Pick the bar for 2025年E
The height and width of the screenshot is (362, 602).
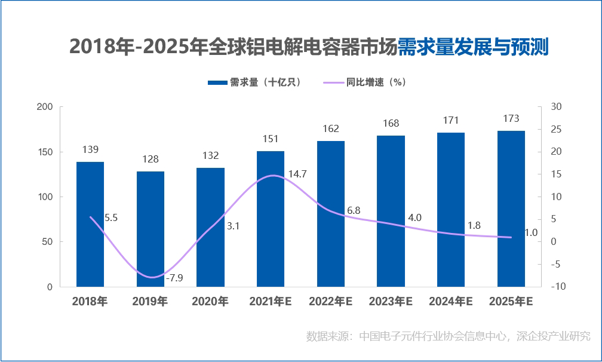[x=511, y=208]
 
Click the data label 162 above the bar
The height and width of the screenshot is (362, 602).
[x=330, y=128]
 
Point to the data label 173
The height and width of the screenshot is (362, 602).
[x=511, y=118]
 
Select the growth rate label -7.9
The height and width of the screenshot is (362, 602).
[x=174, y=278]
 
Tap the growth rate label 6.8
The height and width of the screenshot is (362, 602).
[x=354, y=210]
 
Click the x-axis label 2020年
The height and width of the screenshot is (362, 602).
[x=210, y=302]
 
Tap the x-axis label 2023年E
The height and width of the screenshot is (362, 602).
[x=391, y=302]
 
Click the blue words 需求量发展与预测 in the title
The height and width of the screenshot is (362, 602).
[x=473, y=46]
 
